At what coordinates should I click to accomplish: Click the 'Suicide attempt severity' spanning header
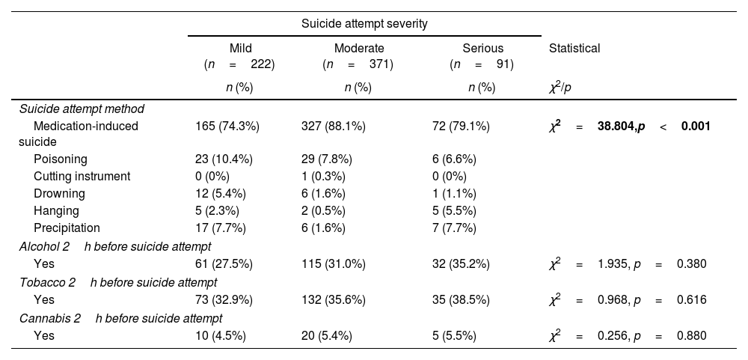[364, 23]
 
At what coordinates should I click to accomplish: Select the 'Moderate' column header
[359, 49]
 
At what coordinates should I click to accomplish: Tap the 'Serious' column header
[482, 49]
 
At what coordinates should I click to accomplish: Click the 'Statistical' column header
[574, 49]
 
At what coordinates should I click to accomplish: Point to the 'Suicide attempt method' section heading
[82, 109]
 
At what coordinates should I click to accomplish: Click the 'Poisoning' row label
[61, 159]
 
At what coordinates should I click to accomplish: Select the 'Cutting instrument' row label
[82, 176]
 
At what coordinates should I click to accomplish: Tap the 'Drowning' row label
[60, 193]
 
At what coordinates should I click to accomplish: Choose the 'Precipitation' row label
[67, 228]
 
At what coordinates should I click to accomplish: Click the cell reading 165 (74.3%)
[227, 126]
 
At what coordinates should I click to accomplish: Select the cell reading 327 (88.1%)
[334, 126]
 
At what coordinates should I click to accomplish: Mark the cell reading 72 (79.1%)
[461, 126]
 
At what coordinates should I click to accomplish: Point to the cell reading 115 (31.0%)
[334, 263]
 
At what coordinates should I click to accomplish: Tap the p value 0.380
[691, 263]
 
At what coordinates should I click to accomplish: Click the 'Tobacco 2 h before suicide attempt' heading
[118, 282]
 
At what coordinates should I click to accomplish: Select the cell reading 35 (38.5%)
[461, 299]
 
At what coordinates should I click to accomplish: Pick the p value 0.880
[691, 335]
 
